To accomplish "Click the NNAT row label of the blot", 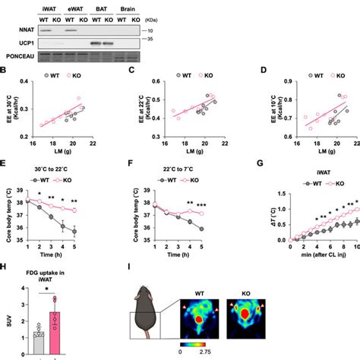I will [x=15, y=32].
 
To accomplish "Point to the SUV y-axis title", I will [x=5, y=326].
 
